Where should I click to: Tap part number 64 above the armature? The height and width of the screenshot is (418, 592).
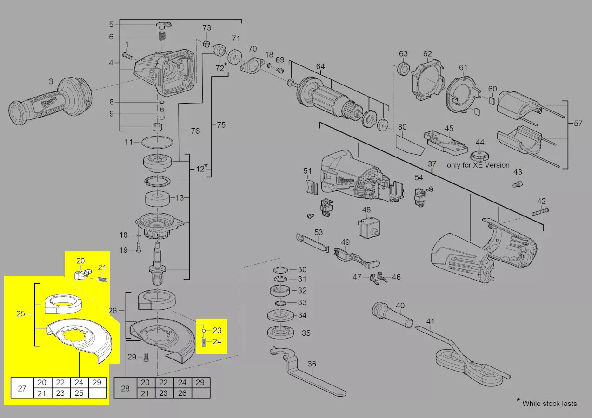click(x=320, y=66)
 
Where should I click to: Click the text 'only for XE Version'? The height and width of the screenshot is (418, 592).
click(x=478, y=165)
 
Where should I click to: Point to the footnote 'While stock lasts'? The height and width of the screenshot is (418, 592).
click(x=549, y=403)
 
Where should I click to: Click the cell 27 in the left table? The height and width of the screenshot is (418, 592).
click(x=22, y=388)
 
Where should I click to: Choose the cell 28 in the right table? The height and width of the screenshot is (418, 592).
click(x=125, y=388)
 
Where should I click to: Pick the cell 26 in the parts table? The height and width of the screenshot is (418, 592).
click(x=182, y=393)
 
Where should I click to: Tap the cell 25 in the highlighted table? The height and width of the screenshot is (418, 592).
click(x=79, y=393)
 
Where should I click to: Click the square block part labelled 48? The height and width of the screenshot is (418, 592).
click(x=367, y=228)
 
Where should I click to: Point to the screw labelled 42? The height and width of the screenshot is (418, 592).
click(x=539, y=212)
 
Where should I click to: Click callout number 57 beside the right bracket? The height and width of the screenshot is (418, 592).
click(x=578, y=124)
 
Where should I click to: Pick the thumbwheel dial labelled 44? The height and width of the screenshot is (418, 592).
click(x=479, y=156)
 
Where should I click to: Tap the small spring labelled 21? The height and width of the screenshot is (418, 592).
click(x=103, y=279)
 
